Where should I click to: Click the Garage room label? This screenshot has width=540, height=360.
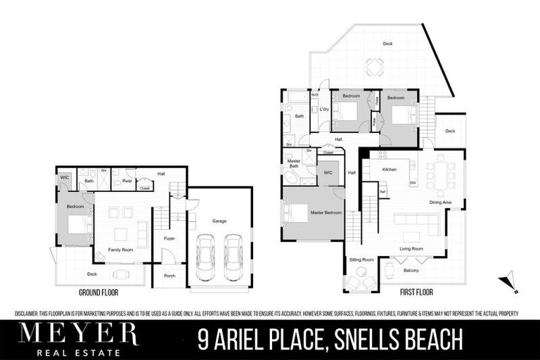219,221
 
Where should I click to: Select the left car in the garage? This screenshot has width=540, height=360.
205,257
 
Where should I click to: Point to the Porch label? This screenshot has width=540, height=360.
169,276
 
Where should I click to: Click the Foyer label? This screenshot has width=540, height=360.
169,238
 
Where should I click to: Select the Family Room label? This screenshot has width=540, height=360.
120,250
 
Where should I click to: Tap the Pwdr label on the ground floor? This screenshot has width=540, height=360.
127,181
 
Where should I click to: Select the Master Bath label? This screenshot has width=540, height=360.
293,163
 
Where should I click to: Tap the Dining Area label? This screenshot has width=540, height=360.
441,202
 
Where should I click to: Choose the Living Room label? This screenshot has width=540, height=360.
411,248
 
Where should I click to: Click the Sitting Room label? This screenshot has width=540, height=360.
362,260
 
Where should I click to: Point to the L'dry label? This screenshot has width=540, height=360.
324,110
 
